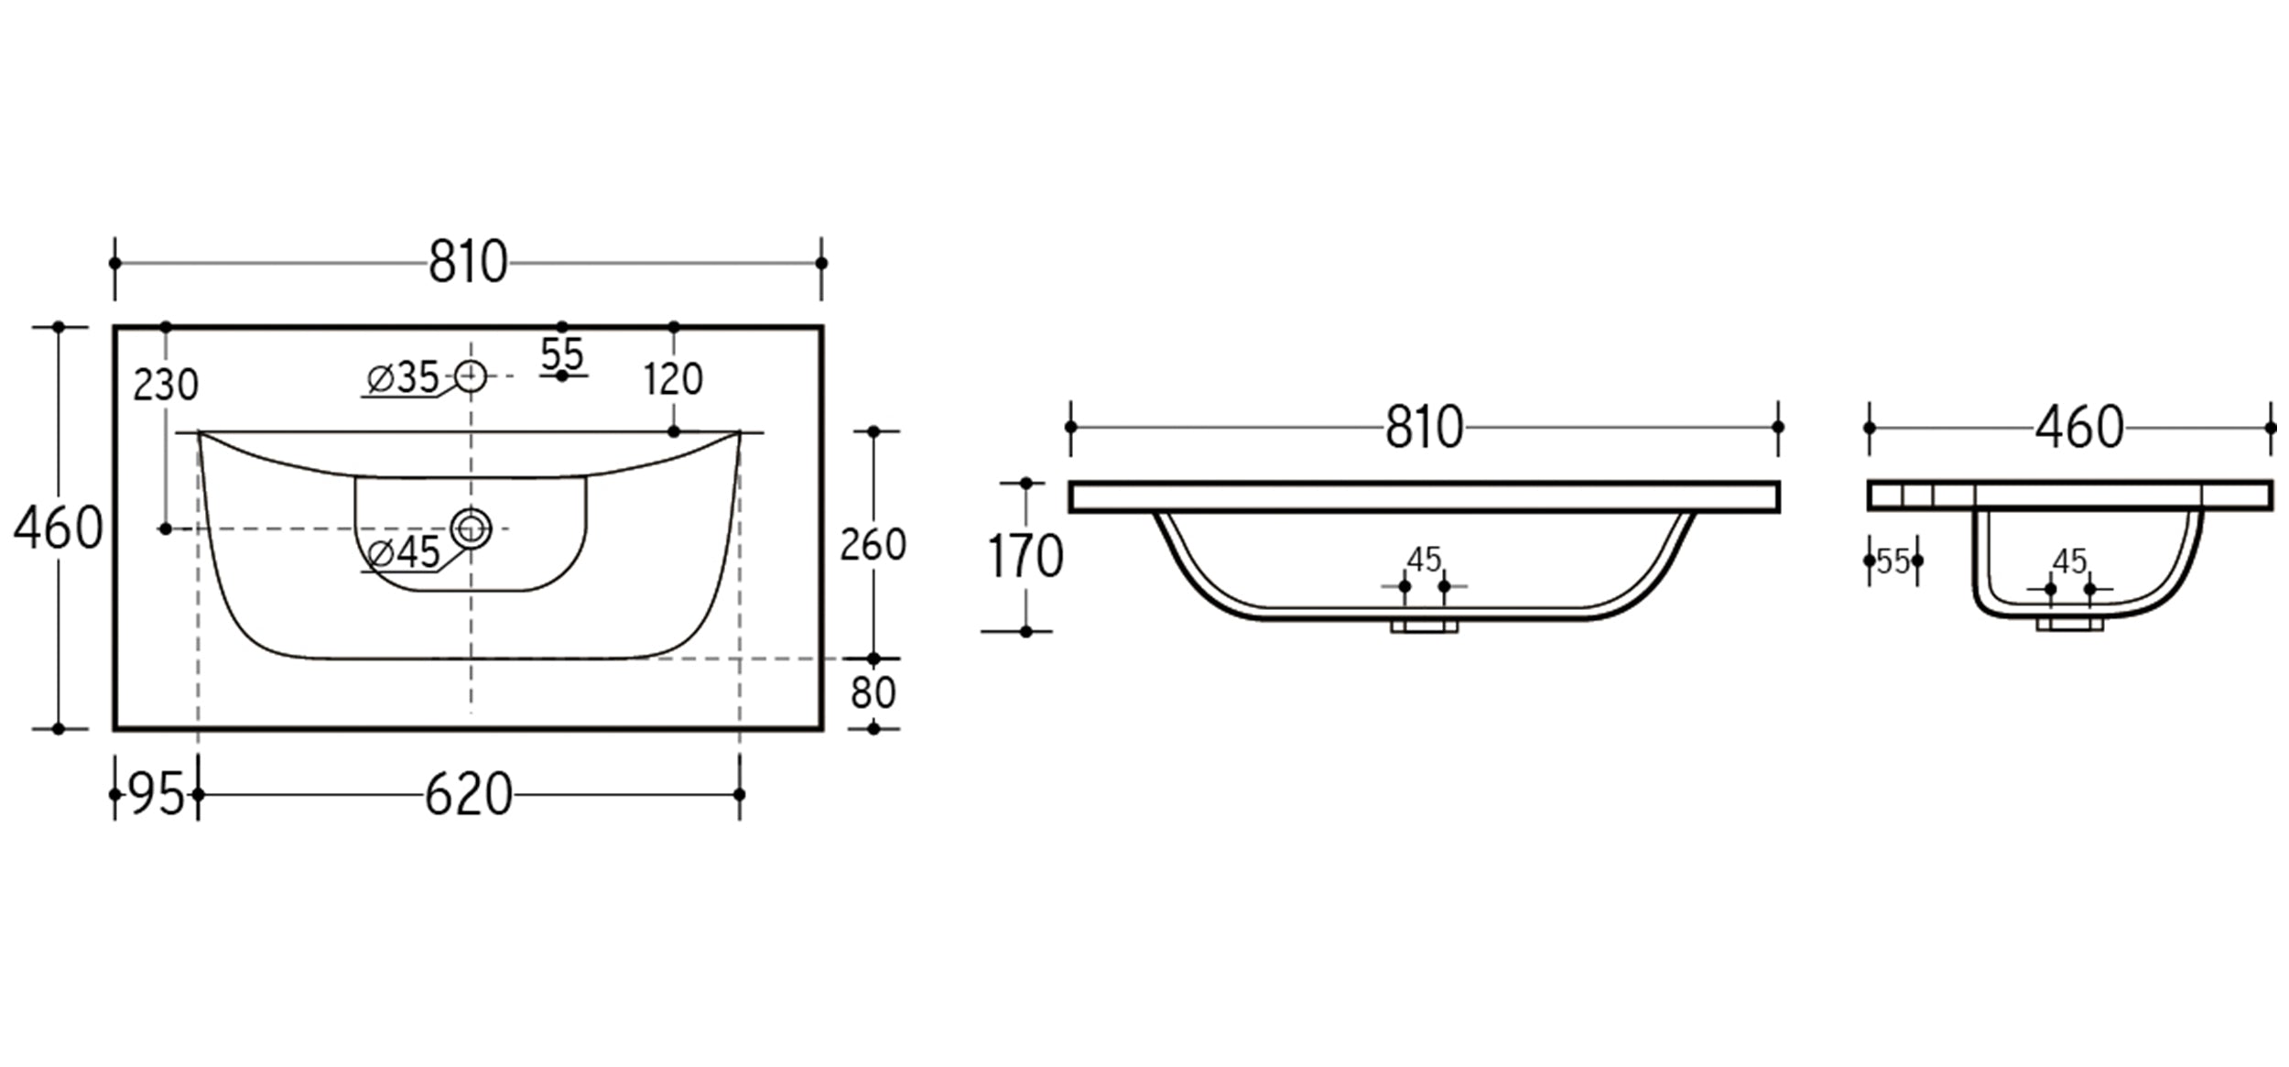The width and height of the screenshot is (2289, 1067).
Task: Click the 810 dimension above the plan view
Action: [468, 262]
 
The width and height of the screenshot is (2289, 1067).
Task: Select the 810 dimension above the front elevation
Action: [1424, 427]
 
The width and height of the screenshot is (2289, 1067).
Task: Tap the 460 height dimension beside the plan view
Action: [58, 528]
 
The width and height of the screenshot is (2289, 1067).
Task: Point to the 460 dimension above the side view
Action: [2078, 427]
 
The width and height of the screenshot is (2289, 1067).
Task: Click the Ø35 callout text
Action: [403, 377]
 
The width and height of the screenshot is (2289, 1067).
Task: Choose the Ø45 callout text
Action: [403, 552]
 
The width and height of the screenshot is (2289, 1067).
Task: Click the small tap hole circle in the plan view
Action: [471, 376]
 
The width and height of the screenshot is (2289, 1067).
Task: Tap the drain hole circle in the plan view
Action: [471, 528]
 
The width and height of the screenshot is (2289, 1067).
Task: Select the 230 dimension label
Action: [165, 386]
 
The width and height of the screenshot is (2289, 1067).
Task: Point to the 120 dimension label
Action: [673, 379]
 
